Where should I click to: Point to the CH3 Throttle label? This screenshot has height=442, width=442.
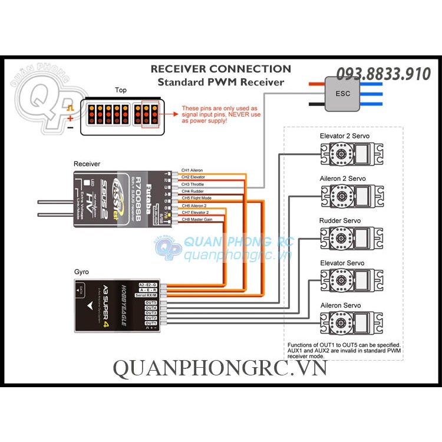[x=192, y=184]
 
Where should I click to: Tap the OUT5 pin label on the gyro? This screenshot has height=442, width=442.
[x=151, y=302]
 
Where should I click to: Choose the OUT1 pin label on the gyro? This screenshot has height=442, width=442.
[x=151, y=323]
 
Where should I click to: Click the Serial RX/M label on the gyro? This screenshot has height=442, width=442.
[x=148, y=295]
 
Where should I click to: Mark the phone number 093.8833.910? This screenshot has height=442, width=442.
[x=384, y=74]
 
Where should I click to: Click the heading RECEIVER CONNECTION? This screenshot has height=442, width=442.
[x=220, y=69]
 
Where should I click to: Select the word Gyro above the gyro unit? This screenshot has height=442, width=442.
[x=81, y=273]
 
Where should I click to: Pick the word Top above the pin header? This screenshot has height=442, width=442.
[x=121, y=90]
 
